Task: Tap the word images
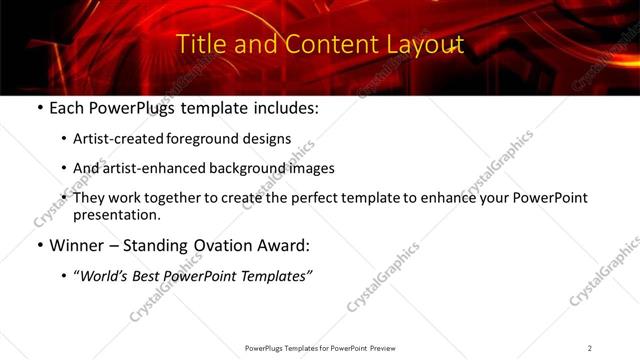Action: tap(313, 168)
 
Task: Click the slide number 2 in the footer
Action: tap(590, 348)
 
